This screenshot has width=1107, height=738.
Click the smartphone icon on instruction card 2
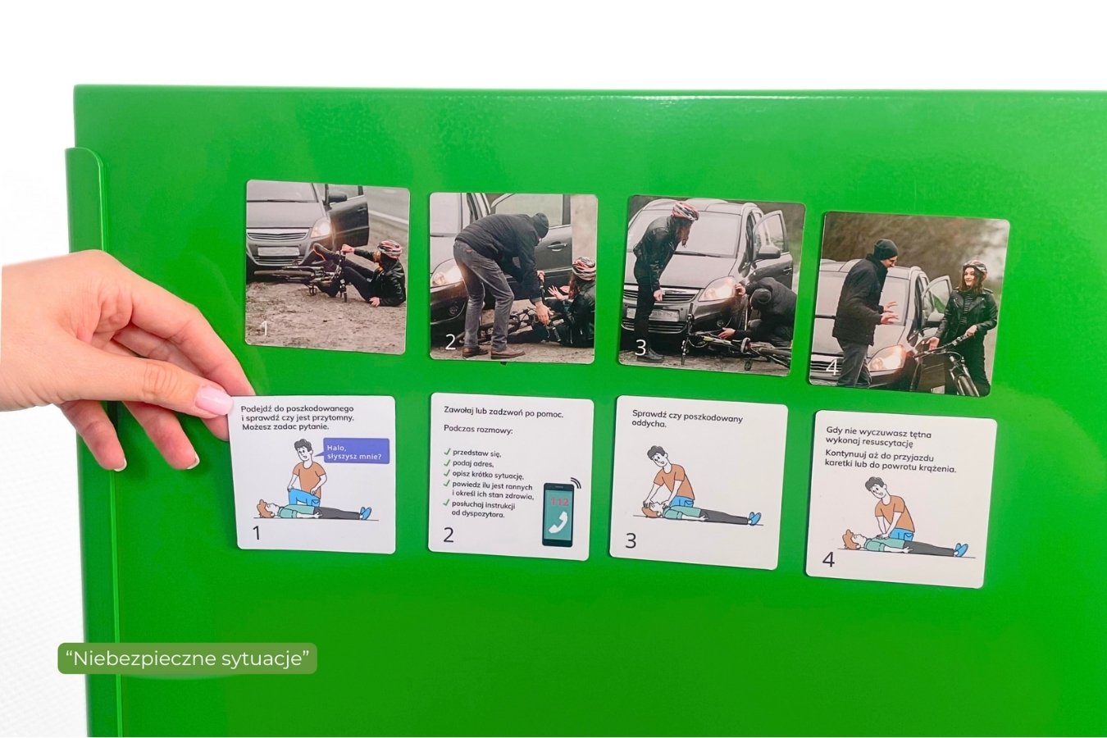[x=558, y=515]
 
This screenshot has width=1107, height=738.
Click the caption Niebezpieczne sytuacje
[x=187, y=658]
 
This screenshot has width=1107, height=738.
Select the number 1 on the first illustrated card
[x=256, y=533]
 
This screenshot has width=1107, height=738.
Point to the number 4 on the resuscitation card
[x=828, y=560]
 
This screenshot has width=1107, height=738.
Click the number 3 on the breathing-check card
[x=631, y=540]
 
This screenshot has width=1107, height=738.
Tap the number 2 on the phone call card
[x=449, y=535]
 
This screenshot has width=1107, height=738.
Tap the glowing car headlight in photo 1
[x=321, y=228]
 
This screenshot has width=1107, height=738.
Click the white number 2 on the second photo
[x=449, y=342]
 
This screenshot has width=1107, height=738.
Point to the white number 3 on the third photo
[x=640, y=348]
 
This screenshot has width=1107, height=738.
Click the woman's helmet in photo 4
[x=974, y=268]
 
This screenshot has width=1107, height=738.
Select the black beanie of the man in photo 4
[x=885, y=247]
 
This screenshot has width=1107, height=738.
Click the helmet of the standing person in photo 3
[x=685, y=211]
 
